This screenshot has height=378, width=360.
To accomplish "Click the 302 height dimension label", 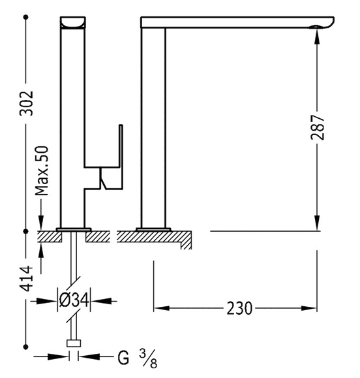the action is pos(26,103).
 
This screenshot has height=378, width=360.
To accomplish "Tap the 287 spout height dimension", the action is pos(318,127).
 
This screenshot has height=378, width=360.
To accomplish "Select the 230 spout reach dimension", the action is pos(239,308).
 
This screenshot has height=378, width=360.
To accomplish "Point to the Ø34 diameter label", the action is pos(74,300).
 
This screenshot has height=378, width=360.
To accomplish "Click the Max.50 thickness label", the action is pos(42,170).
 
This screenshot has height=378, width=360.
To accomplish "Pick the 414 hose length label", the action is pos(26,278).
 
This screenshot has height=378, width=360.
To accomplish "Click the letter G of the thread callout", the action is pos(123,358).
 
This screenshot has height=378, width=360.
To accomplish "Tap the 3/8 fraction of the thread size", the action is pos(148,358).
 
